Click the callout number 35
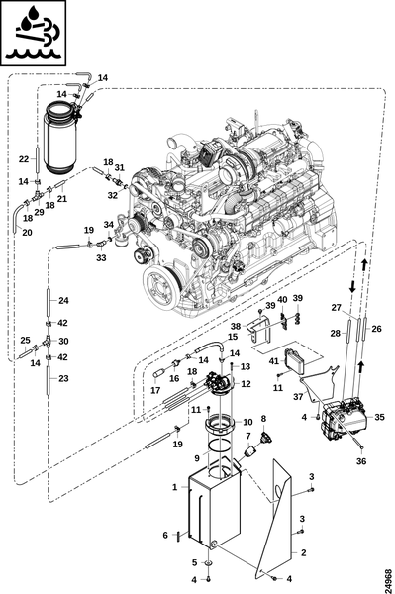(379, 417)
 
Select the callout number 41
(274, 361)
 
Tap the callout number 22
(24, 159)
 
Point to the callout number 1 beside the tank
(174, 487)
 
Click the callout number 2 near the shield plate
(303, 552)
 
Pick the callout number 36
(361, 461)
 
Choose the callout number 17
(155, 390)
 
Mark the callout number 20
(27, 232)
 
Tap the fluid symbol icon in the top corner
(34, 34)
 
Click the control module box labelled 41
(298, 360)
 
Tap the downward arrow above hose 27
(351, 287)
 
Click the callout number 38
(236, 326)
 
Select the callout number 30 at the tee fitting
(63, 341)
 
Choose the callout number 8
(263, 419)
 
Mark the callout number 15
(233, 336)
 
